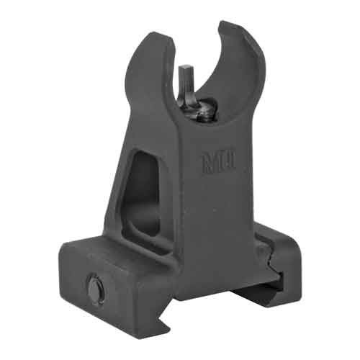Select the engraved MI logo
(218, 161)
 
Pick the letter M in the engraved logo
(208, 163)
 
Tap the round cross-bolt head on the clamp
(96, 289)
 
